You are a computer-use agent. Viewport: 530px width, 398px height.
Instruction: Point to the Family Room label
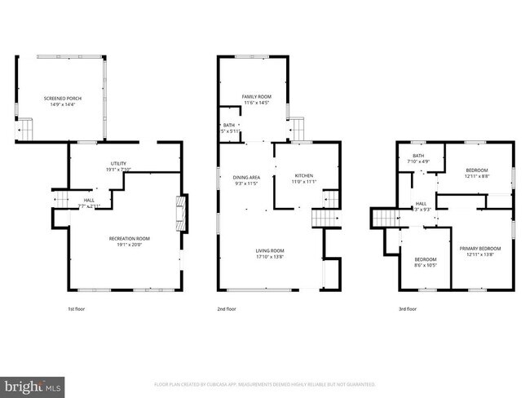click(x=256, y=97)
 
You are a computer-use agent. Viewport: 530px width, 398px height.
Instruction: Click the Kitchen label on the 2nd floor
click(x=303, y=175)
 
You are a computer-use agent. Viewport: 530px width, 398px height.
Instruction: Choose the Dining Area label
click(x=247, y=177)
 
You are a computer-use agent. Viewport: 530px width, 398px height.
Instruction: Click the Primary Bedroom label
click(x=479, y=248)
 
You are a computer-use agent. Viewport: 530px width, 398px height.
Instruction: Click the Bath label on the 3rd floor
click(x=418, y=156)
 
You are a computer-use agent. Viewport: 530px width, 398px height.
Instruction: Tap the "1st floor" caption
click(x=77, y=309)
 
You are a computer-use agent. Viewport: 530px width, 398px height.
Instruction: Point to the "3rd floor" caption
click(x=407, y=309)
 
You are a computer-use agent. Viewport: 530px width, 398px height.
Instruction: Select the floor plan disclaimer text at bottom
click(x=265, y=383)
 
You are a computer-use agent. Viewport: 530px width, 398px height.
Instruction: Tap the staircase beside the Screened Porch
click(x=27, y=129)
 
